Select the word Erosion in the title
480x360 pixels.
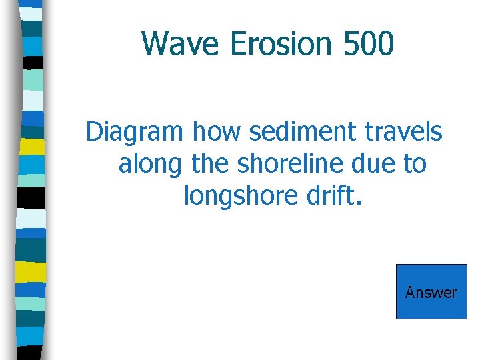point(281,44)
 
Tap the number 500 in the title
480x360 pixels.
point(369,44)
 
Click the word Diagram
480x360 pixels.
point(134,133)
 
